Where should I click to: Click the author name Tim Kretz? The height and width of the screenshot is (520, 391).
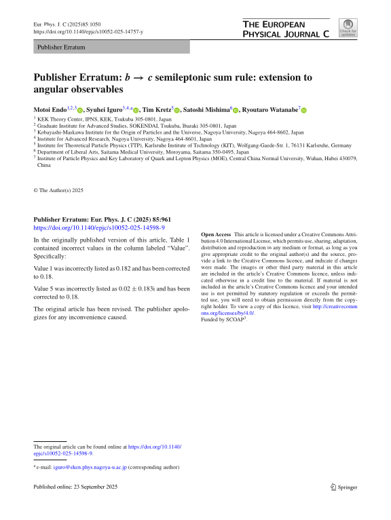(x=157, y=109)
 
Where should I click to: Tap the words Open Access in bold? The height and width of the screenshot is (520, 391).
(x=216, y=234)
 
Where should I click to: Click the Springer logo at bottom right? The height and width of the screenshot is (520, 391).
(x=343, y=487)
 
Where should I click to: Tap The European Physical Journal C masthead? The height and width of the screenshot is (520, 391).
(x=286, y=28)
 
